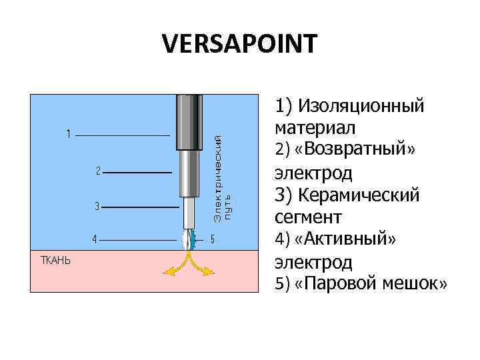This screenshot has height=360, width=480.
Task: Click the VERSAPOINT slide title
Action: pos(240,45)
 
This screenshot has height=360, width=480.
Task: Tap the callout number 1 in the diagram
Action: pos(69,135)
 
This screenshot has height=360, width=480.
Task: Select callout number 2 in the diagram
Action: pos(97,171)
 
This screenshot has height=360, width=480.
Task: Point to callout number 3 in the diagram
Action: pos(97,207)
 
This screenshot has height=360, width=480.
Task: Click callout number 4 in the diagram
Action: pos(95,239)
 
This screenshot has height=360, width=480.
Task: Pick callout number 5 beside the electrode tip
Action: pos(211,239)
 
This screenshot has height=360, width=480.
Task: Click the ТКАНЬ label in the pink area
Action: pos(55,260)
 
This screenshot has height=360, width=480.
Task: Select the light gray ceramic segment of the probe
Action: pos(189,213)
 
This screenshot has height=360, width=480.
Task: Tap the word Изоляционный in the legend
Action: pos(361,105)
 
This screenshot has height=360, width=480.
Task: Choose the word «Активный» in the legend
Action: pos(352,239)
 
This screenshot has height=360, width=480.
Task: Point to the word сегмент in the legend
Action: pos(307,217)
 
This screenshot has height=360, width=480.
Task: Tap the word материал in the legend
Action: pos(315,127)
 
